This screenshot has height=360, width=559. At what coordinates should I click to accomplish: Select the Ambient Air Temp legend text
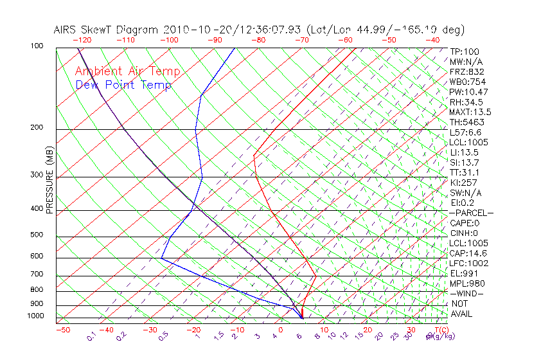coord(127,71)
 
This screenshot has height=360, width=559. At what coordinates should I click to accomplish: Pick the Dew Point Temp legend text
coord(123,85)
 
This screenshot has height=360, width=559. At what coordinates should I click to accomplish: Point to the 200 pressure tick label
coord(37,127)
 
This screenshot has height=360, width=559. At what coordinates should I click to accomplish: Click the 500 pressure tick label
coord(37,235)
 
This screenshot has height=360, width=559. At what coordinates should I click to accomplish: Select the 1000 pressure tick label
coord(35,316)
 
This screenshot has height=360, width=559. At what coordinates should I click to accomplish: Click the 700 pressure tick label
coord(37,274)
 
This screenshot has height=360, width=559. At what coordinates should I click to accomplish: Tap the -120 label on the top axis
coord(83,40)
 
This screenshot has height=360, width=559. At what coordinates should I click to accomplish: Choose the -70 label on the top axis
coord(301,40)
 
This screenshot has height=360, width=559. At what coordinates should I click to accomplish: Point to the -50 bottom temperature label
coord(62,330)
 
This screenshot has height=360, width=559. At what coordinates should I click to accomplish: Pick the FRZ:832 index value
coord(464,71)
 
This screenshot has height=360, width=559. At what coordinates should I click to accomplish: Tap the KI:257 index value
coord(462,183)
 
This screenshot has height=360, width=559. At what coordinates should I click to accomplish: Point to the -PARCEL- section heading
coord(471,213)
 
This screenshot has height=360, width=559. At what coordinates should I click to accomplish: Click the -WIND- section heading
coord(466,293)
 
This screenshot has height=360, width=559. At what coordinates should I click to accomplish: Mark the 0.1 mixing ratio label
coord(92,336)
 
